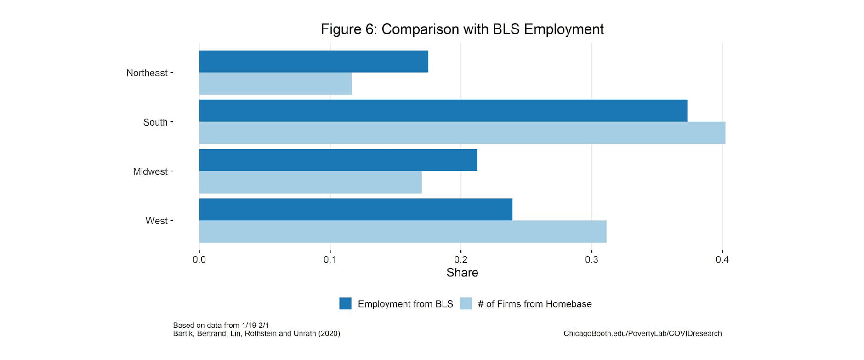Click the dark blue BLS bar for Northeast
pos(313,62)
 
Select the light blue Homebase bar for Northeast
pos(275,84)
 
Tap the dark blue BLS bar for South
pos(443,111)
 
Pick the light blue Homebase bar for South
pos(462,133)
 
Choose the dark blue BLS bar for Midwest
pos(338,160)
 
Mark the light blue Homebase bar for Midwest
pos(310,182)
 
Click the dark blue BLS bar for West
pos(355,209)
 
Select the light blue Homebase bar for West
pos(403,231)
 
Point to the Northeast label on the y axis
pos(147,73)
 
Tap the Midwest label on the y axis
pos(150,171)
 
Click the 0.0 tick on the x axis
pos(199,260)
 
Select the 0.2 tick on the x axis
pos(460,260)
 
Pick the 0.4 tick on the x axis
pos(722,260)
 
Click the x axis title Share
pos(462,273)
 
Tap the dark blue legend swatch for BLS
pos(345,304)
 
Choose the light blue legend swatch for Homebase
pos(466,304)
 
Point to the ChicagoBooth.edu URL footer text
pos(642,334)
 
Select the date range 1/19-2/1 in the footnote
pos(255,326)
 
